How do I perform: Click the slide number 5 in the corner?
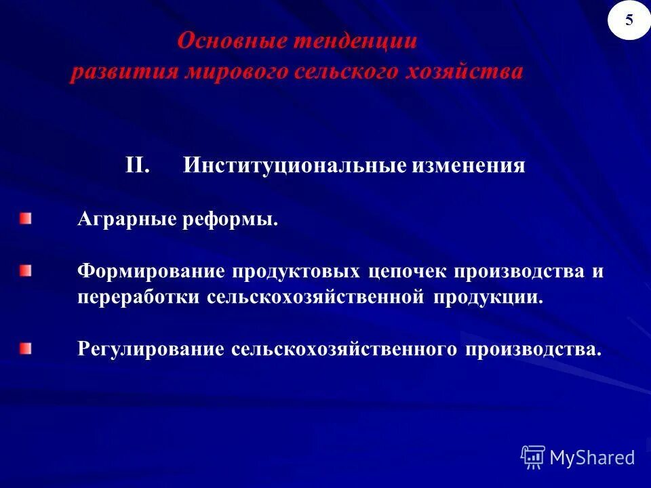point(629,20)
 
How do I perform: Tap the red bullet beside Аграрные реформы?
point(25,218)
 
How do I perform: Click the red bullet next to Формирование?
point(25,271)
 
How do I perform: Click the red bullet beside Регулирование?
point(25,348)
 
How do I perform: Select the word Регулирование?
point(151,350)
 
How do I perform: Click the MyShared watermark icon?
point(533,457)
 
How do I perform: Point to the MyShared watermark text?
point(592,458)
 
